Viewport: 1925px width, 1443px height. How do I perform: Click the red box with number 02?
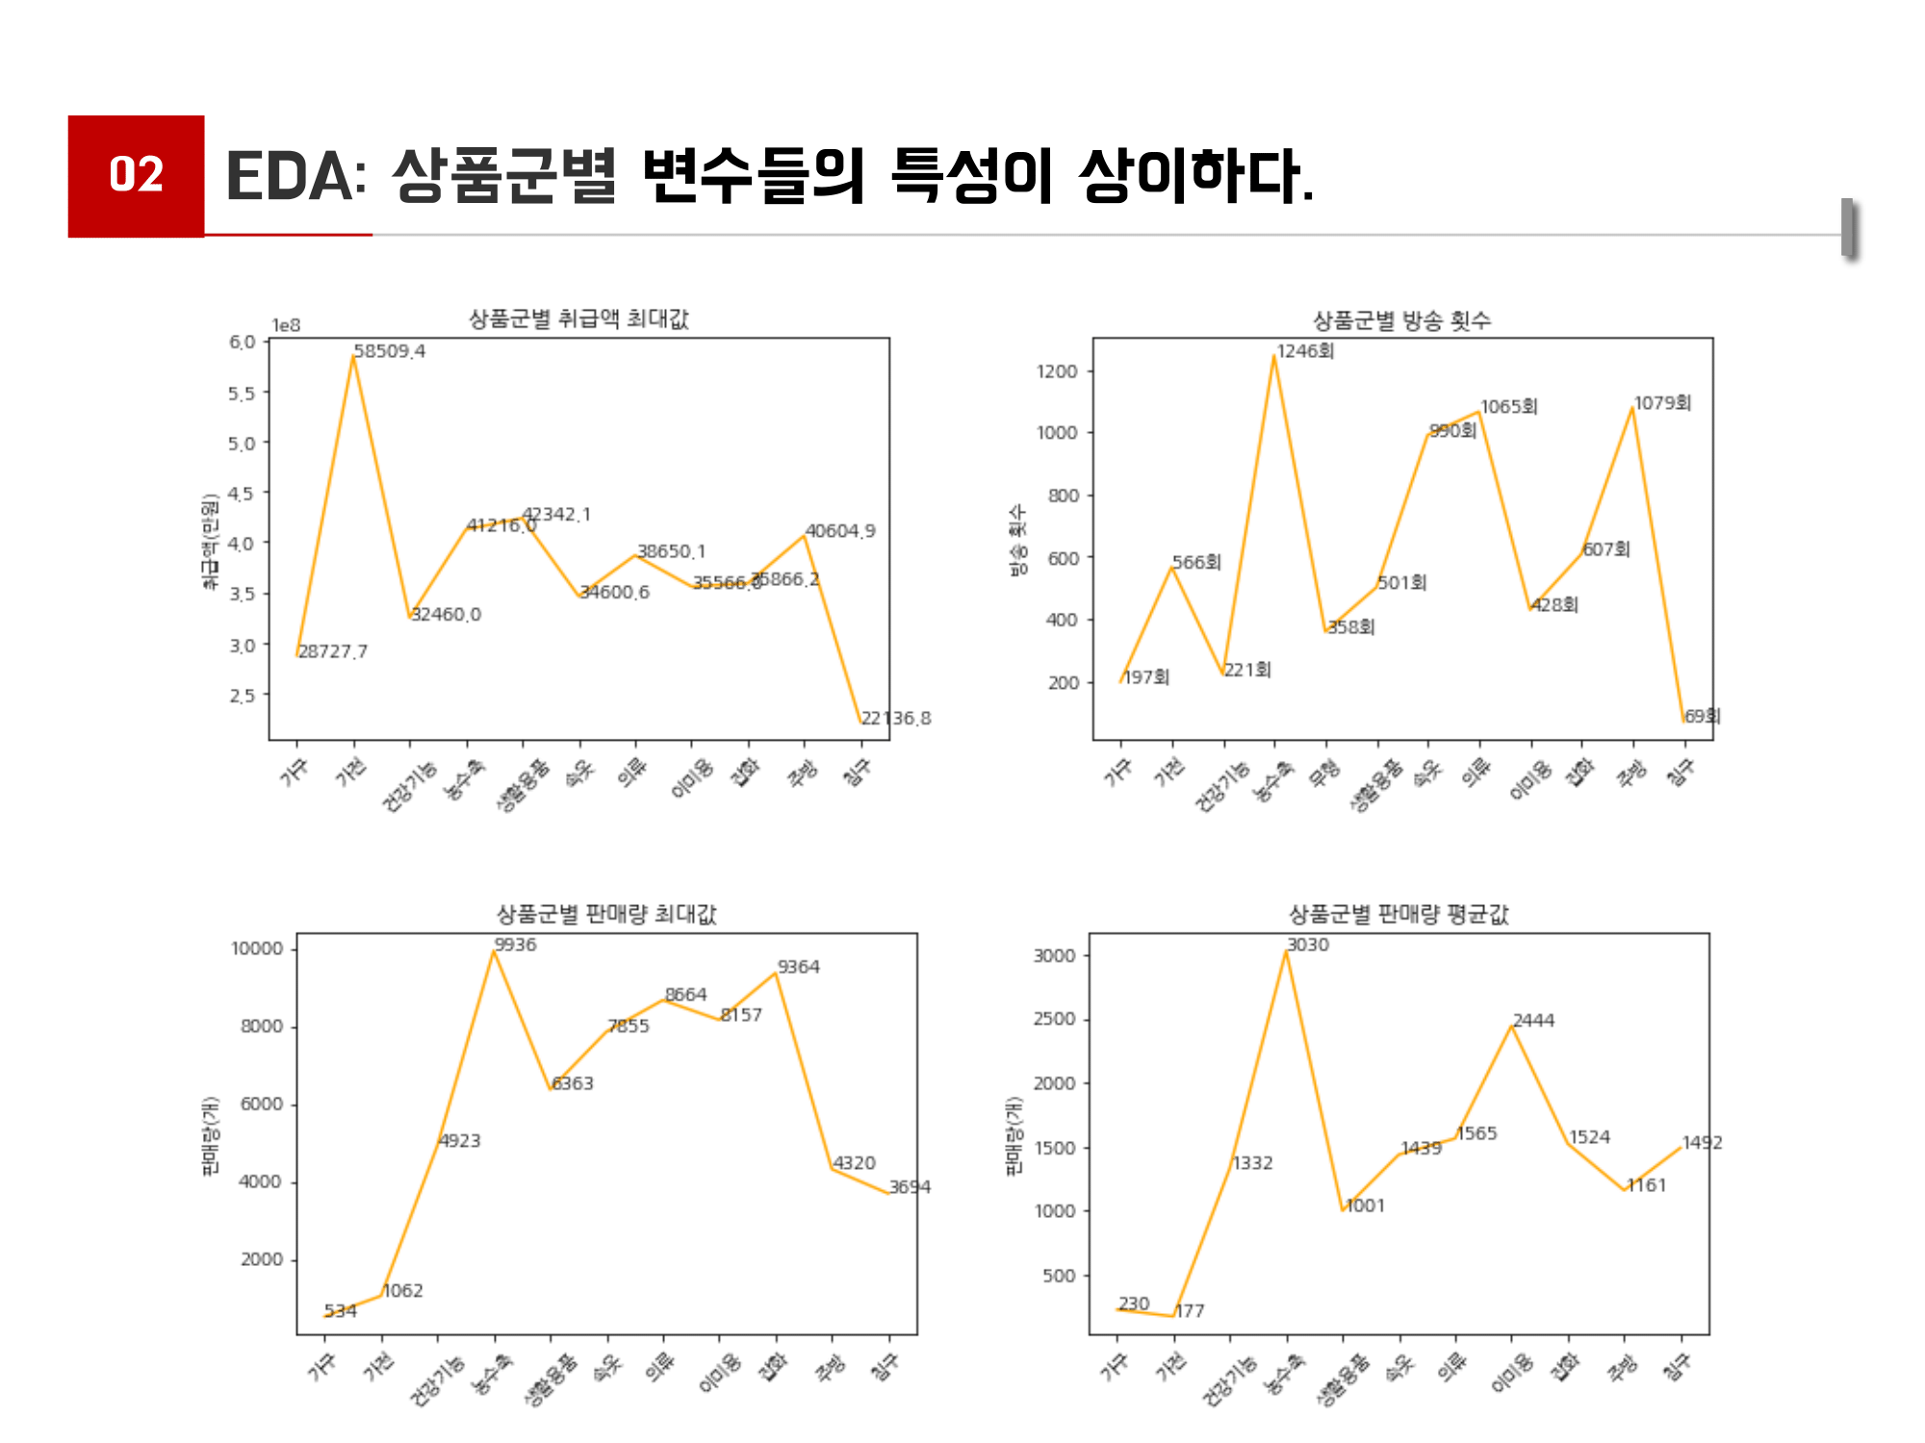(x=136, y=175)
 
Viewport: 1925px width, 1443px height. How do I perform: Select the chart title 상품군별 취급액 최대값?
(x=578, y=318)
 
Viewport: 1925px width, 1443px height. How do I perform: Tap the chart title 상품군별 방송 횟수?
(x=1401, y=320)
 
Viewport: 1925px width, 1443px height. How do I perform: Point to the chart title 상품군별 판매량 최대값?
(x=605, y=913)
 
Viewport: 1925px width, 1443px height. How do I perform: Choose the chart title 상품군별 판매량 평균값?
(x=1398, y=913)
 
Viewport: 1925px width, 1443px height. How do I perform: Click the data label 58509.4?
(x=389, y=351)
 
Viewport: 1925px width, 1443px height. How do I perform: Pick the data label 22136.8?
(x=895, y=718)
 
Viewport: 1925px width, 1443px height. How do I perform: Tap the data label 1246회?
(x=1305, y=351)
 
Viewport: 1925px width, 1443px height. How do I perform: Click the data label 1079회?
(x=1662, y=403)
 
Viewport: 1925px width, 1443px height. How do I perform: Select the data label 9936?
(x=515, y=945)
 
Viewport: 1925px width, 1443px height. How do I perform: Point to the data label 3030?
(x=1307, y=945)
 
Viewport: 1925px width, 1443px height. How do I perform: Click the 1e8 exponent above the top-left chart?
(x=286, y=325)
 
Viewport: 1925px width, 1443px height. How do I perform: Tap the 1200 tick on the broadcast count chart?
(x=1056, y=371)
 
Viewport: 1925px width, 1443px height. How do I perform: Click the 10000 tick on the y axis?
(x=257, y=949)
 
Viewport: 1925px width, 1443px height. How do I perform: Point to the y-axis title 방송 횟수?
(x=1017, y=541)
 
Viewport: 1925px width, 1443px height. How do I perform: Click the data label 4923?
(x=459, y=1141)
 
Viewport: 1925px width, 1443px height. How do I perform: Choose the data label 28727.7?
(x=332, y=651)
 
